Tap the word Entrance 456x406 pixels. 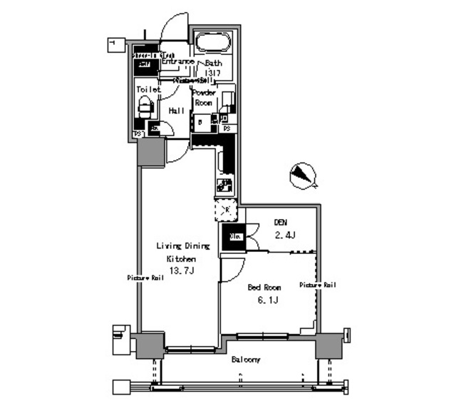click(177, 62)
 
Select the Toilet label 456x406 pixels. click(147, 90)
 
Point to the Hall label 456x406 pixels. click(177, 111)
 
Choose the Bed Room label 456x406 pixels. click(264, 288)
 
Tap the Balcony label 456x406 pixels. click(245, 360)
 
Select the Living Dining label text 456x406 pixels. click(183, 246)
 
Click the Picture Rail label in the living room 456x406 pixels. click(146, 278)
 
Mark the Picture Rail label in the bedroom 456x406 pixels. click(317, 285)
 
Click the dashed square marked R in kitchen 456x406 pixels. click(225, 210)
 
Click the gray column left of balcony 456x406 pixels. click(151, 345)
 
